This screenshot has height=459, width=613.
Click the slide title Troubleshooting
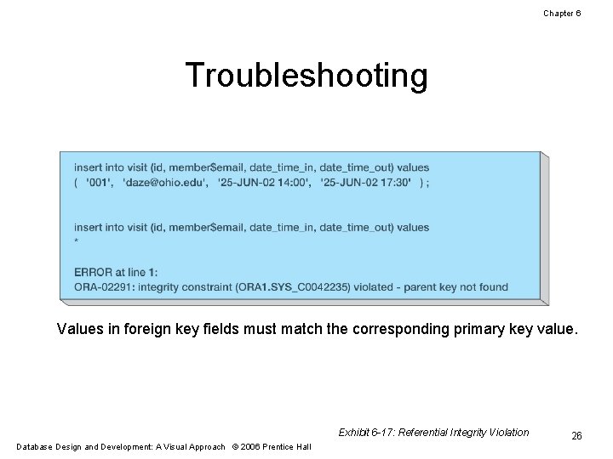coord(306,76)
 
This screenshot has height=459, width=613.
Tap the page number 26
coord(576,435)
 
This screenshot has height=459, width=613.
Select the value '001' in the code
coord(99,182)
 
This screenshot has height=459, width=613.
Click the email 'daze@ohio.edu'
coord(166,182)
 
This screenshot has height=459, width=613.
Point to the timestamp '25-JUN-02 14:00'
coord(264,182)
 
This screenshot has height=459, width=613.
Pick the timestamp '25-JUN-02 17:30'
coord(367,182)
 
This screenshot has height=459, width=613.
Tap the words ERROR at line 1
coord(115,273)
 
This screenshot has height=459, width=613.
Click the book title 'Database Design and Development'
coord(86,446)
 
